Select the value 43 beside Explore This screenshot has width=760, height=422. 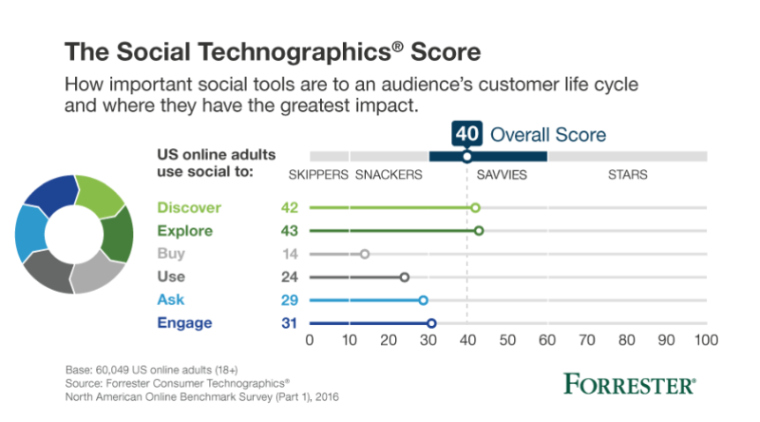pyautogui.click(x=291, y=230)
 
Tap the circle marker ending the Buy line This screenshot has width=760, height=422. pyautogui.click(x=365, y=254)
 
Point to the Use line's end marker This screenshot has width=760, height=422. pyautogui.click(x=405, y=278)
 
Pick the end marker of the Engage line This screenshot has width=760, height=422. pyautogui.click(x=432, y=323)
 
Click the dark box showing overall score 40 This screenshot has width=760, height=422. pyautogui.click(x=465, y=134)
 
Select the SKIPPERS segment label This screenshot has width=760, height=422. pyautogui.click(x=317, y=175)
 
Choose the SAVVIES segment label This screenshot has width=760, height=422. pyautogui.click(x=502, y=175)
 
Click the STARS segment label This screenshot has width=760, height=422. pyautogui.click(x=628, y=175)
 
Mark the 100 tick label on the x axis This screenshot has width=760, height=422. pyautogui.click(x=705, y=339)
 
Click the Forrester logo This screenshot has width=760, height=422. pyautogui.click(x=629, y=385)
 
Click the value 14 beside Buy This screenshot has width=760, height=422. pyautogui.click(x=291, y=254)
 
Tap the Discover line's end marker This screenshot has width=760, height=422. pyautogui.click(x=476, y=207)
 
